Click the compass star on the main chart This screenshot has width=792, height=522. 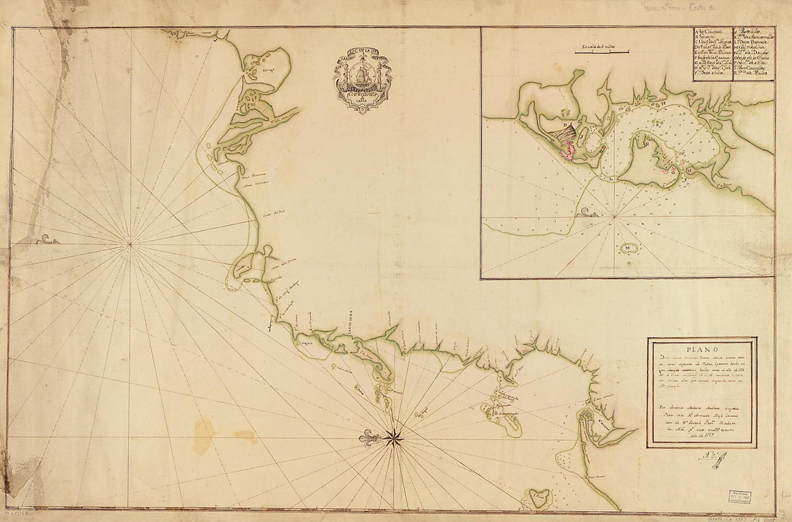394,437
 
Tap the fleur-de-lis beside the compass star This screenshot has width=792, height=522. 370,438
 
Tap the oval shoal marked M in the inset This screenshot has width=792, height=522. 630,249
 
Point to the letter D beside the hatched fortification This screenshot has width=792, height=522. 564,123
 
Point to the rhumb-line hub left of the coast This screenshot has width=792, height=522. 130,244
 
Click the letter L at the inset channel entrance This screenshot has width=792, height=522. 611,176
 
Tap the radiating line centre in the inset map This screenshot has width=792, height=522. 614,215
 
